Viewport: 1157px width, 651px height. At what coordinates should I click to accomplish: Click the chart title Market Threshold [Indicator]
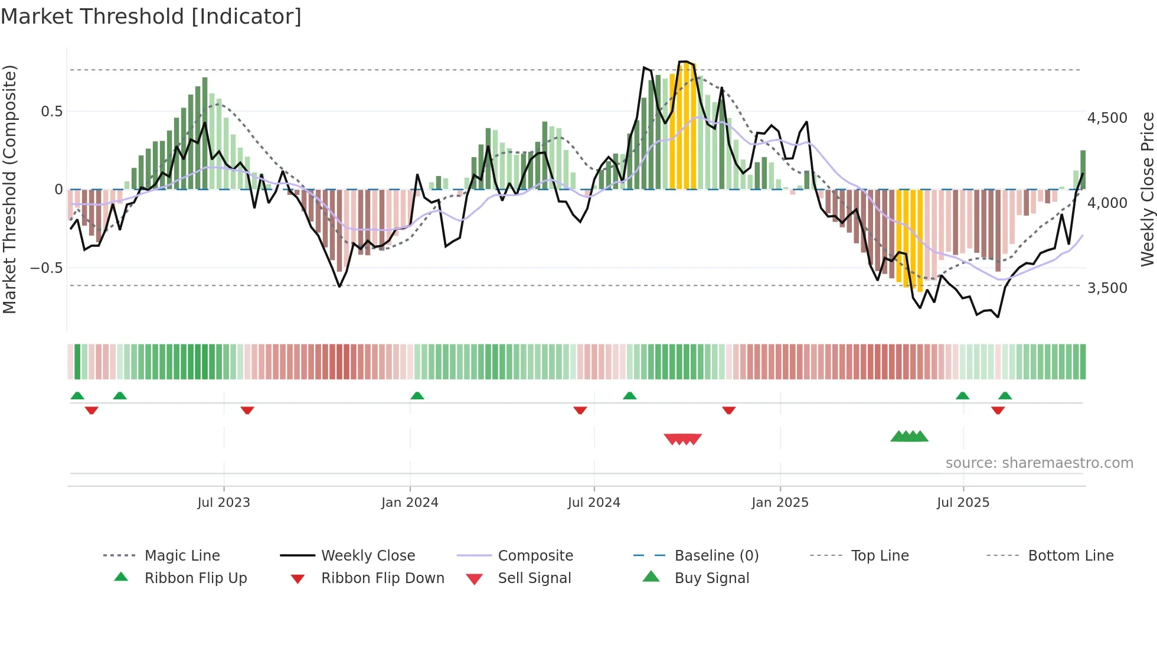point(151,17)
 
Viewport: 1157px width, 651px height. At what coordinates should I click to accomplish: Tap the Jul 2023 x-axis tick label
point(224,503)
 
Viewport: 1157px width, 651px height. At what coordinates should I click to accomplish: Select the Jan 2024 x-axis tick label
point(410,503)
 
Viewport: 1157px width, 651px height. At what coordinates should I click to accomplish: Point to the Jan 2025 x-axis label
point(780,503)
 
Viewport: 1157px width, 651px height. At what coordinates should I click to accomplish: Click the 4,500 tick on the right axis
point(1107,118)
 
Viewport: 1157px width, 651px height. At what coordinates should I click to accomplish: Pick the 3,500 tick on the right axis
point(1107,288)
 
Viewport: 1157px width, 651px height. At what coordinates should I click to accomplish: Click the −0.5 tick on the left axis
point(47,268)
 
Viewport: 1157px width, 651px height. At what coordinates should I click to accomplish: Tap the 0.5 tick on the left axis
point(51,112)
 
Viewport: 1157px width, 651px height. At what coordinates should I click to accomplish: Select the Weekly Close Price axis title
point(1147,189)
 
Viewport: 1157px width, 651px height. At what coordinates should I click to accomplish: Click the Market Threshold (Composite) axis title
point(9,189)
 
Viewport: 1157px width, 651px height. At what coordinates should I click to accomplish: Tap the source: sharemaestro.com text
point(1039,463)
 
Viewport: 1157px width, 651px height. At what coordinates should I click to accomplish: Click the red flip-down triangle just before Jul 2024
point(580,410)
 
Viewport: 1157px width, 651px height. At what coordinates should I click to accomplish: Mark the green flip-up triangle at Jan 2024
point(417,396)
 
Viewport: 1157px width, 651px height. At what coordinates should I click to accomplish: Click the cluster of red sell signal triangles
point(683,439)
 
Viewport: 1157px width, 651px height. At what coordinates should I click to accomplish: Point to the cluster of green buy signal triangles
point(910,437)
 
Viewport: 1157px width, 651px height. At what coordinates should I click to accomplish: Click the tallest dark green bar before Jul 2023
point(205,133)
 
